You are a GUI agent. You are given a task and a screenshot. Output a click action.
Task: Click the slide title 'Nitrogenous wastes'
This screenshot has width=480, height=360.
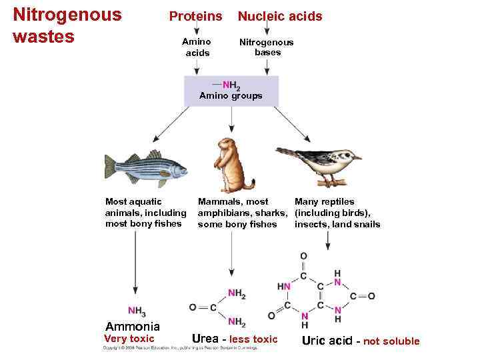[x=67, y=25]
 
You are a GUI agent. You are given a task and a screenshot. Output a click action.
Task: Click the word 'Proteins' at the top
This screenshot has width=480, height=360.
[x=195, y=16]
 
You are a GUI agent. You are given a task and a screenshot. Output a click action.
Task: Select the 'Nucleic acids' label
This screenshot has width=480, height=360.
[x=280, y=16]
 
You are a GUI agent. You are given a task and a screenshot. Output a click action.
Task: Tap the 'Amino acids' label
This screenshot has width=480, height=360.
[x=197, y=47]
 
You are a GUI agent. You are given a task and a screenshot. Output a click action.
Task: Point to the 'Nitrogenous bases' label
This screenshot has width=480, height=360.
[x=267, y=47]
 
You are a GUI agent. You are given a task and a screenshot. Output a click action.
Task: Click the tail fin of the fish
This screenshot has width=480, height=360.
[x=111, y=167]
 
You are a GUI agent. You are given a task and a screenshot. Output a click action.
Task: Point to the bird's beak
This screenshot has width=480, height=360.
[x=357, y=158]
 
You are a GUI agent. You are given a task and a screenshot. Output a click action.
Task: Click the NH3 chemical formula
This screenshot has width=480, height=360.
[x=137, y=311]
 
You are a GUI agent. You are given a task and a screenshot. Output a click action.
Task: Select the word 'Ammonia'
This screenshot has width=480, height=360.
[x=133, y=327]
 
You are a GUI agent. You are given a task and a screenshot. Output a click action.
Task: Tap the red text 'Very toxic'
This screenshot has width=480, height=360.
[x=129, y=339]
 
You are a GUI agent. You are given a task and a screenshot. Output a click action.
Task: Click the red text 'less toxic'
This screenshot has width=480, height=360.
[x=253, y=339]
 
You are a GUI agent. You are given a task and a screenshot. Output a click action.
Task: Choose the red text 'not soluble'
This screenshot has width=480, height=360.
[x=391, y=341]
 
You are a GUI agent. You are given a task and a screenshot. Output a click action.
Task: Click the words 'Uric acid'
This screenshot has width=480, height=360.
[x=327, y=341]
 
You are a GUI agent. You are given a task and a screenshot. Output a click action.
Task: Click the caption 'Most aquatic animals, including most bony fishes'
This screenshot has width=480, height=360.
[x=146, y=212]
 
